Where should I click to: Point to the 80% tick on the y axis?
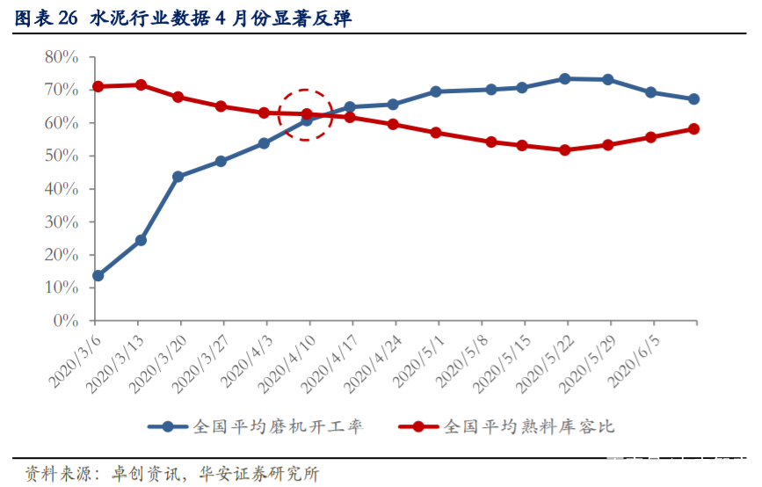coord(62,57)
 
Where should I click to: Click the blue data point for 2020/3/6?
coord(98,275)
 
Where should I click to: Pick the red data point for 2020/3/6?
coord(98,86)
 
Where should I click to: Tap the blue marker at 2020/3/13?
coord(141,240)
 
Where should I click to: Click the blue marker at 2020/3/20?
coord(178,176)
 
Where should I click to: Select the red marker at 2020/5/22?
coord(565,149)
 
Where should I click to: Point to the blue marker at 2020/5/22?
coord(565,79)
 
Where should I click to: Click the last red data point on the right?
coord(693,128)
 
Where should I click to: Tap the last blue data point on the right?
coord(693,99)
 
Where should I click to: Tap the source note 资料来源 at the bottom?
coord(172,474)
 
